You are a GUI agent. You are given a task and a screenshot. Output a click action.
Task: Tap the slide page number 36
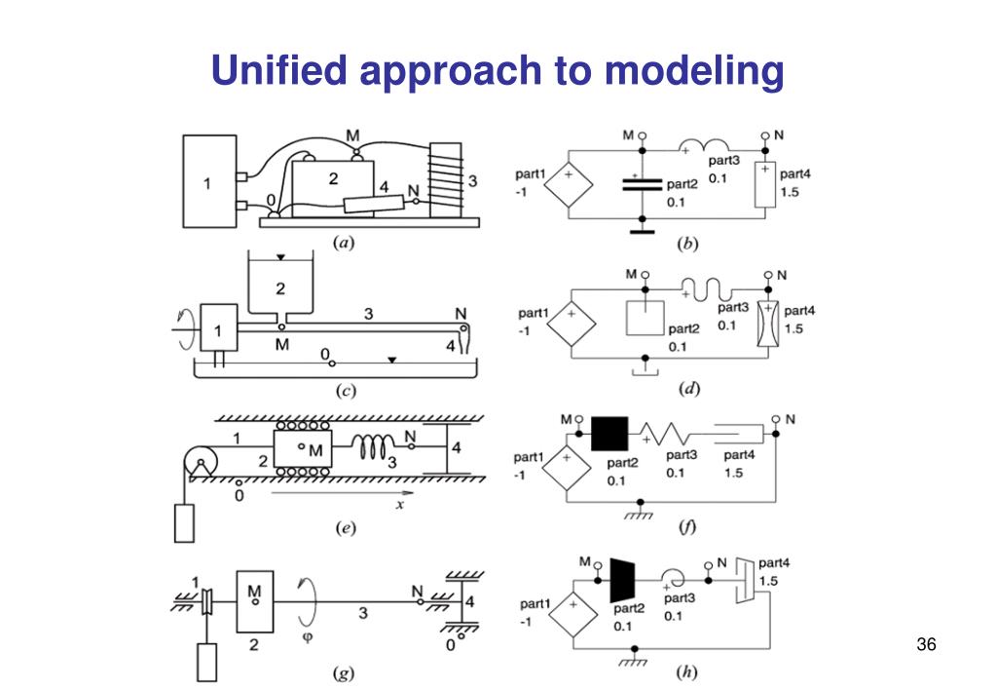pos(925,645)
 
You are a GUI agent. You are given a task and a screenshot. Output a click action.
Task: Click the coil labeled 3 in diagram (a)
pos(448,179)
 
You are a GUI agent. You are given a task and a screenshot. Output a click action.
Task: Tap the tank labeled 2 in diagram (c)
pos(280,287)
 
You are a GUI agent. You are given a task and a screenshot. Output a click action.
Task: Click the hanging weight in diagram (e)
pos(186,522)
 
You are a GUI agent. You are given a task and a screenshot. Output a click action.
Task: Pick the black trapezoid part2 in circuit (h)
pos(621,581)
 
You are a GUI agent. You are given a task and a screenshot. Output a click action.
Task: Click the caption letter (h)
pos(688,672)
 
